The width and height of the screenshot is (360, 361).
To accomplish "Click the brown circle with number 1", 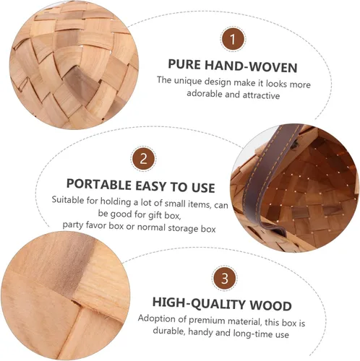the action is (233, 39).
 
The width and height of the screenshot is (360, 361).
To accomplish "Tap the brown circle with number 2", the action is (144, 159).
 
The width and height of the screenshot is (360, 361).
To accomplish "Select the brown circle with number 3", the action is (225, 278).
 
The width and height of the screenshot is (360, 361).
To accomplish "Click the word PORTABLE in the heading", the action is (99, 184).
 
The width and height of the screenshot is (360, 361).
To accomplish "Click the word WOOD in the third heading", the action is (270, 305).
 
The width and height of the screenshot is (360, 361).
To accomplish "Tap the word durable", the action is (170, 331).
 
